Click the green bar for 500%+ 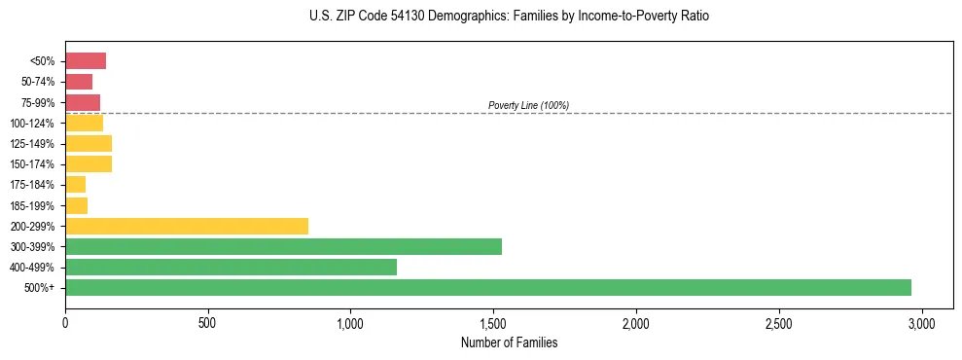click(487, 287)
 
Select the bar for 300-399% click(283, 246)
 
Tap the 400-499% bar click(231, 267)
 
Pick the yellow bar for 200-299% click(186, 226)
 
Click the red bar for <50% click(85, 60)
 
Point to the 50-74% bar click(79, 82)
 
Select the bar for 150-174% click(89, 163)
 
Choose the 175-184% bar click(75, 184)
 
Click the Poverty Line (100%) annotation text click(528, 105)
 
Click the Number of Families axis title click(509, 342)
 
